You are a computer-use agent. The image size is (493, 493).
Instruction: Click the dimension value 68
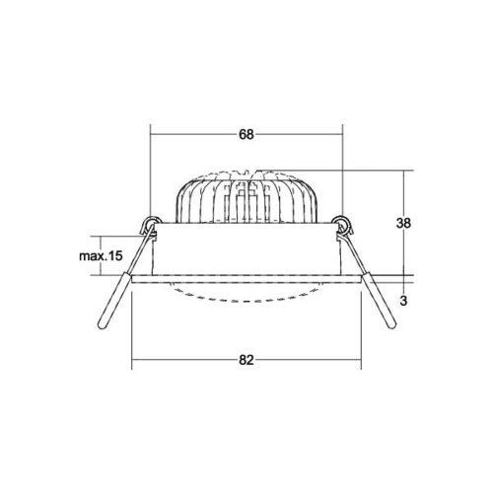click(246, 134)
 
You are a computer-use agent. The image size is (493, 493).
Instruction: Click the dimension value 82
click(246, 360)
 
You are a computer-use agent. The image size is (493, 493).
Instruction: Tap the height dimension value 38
click(403, 223)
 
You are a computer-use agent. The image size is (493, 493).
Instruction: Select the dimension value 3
click(403, 301)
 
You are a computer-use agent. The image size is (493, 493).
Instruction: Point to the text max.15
click(101, 255)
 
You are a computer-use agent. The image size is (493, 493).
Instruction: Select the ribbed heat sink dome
click(246, 197)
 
